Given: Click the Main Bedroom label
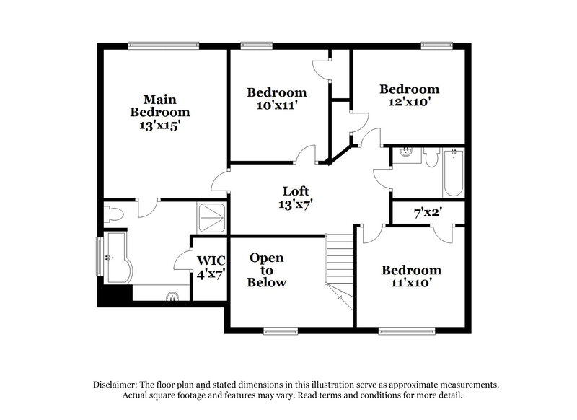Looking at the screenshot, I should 159,105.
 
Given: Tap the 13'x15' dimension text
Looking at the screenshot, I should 159,125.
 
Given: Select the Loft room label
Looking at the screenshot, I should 296,191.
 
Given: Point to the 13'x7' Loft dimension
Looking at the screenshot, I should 296,204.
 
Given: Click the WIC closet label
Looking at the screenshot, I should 211,261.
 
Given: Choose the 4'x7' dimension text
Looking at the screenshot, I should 211,274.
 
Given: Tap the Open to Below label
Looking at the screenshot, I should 267,270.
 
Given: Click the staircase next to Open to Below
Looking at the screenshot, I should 338,267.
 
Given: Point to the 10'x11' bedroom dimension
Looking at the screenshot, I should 277,105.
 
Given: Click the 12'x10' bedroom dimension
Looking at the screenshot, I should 410,102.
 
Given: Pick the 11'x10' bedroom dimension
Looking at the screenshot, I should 411,283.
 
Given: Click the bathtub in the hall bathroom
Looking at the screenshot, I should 452,172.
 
